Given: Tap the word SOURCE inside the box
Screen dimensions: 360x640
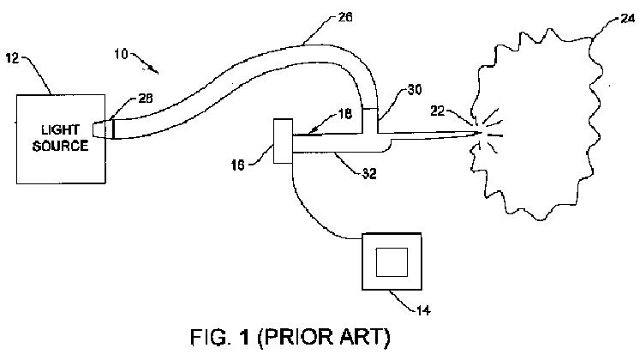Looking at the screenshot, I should tap(59, 145).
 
